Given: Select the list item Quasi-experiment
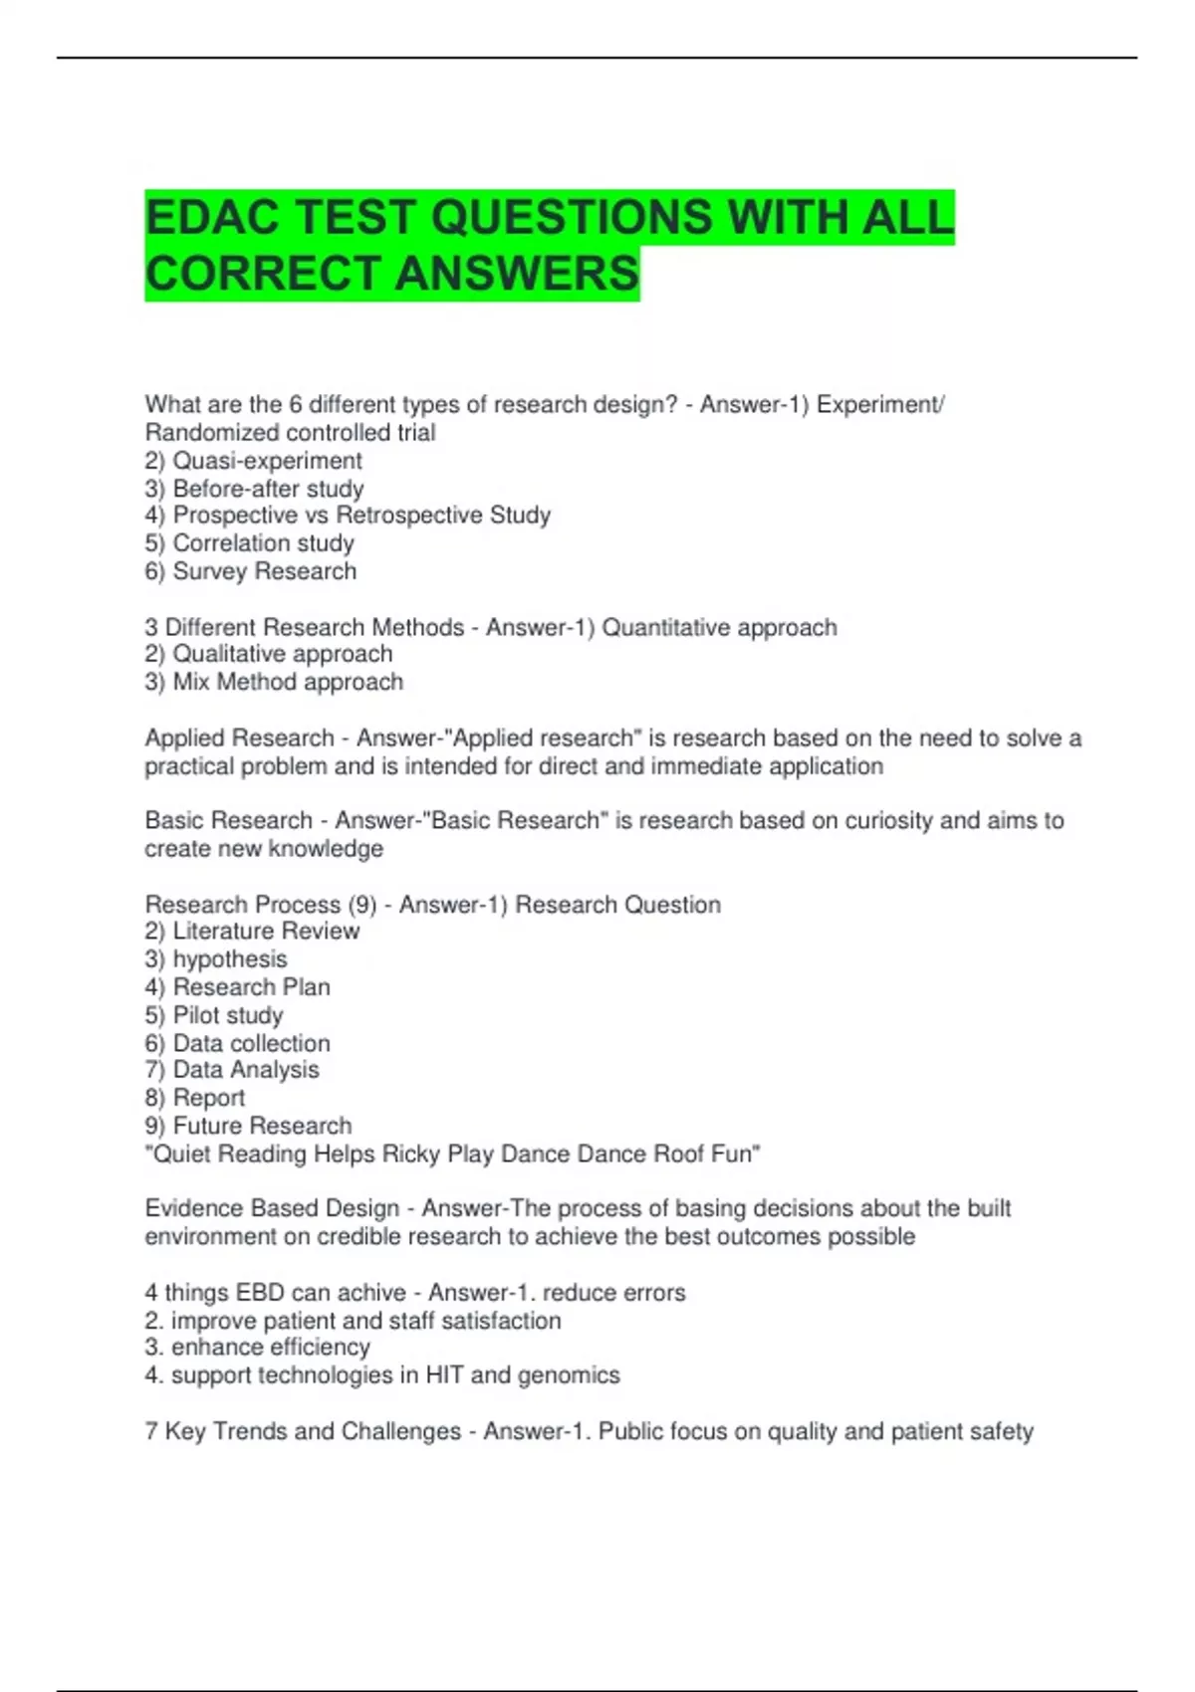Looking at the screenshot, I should click(x=267, y=461).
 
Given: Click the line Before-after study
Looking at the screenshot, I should click(x=268, y=489).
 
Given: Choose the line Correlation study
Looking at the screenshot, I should click(x=263, y=543).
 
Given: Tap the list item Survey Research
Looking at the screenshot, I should click(x=264, y=571).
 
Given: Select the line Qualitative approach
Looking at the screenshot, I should click(x=282, y=654).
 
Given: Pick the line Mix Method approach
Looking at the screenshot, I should click(x=288, y=682).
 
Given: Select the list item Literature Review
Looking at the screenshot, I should click(x=266, y=931).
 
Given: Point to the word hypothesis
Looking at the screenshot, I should click(x=230, y=958).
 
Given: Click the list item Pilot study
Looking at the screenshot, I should click(x=228, y=1015).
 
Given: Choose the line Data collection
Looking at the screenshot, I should click(x=251, y=1043).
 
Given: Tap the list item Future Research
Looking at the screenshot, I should click(x=262, y=1126).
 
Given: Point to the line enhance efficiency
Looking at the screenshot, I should click(x=270, y=1347).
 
